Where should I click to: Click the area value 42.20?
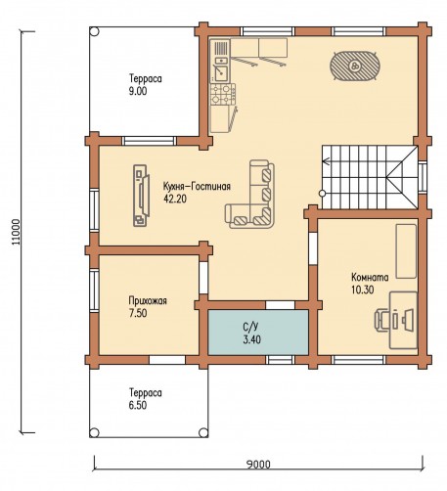[x=175, y=199]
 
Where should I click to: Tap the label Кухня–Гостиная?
[x=197, y=186]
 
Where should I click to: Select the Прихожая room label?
[x=148, y=300]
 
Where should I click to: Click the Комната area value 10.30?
[x=363, y=290]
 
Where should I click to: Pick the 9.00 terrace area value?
[x=138, y=91]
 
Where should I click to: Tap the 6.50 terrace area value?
[x=138, y=405]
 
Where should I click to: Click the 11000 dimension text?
[x=16, y=232]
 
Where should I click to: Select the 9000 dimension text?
[x=258, y=464]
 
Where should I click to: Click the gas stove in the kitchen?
[x=223, y=94]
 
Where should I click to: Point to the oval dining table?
[x=355, y=66]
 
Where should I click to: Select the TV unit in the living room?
[x=141, y=196]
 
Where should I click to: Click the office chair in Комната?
[x=383, y=321]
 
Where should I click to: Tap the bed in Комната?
[x=406, y=251]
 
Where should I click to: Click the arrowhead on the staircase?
[x=325, y=160]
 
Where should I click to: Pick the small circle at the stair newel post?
[x=322, y=194]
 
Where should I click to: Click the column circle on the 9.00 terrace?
[x=94, y=31]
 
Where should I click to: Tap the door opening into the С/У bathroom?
[x=281, y=305]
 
